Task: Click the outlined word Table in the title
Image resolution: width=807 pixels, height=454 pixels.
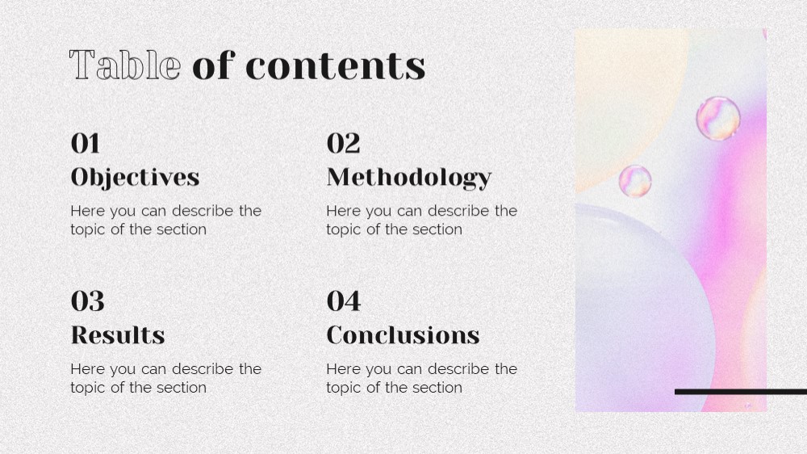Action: tap(125, 65)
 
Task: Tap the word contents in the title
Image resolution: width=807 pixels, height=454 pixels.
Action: tap(336, 66)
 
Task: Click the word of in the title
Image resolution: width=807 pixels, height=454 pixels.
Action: tap(214, 65)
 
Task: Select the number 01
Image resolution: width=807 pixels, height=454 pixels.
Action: tap(85, 143)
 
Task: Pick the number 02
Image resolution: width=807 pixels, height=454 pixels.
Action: tap(343, 143)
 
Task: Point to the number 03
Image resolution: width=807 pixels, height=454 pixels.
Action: tap(87, 301)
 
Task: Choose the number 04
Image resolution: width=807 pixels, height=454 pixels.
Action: tap(344, 301)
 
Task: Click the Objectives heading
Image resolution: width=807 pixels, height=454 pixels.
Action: tap(135, 178)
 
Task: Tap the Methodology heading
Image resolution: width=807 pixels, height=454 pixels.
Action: tap(409, 178)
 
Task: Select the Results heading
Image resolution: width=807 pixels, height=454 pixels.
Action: tap(118, 335)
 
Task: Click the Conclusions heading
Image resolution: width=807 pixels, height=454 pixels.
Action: tap(403, 335)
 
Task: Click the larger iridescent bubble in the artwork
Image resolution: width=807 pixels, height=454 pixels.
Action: tap(718, 119)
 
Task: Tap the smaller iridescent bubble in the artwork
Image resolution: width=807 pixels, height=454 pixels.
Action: tap(635, 181)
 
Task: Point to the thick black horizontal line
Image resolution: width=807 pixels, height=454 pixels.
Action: tap(741, 392)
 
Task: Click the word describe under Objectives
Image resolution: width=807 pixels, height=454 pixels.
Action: tap(203, 211)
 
